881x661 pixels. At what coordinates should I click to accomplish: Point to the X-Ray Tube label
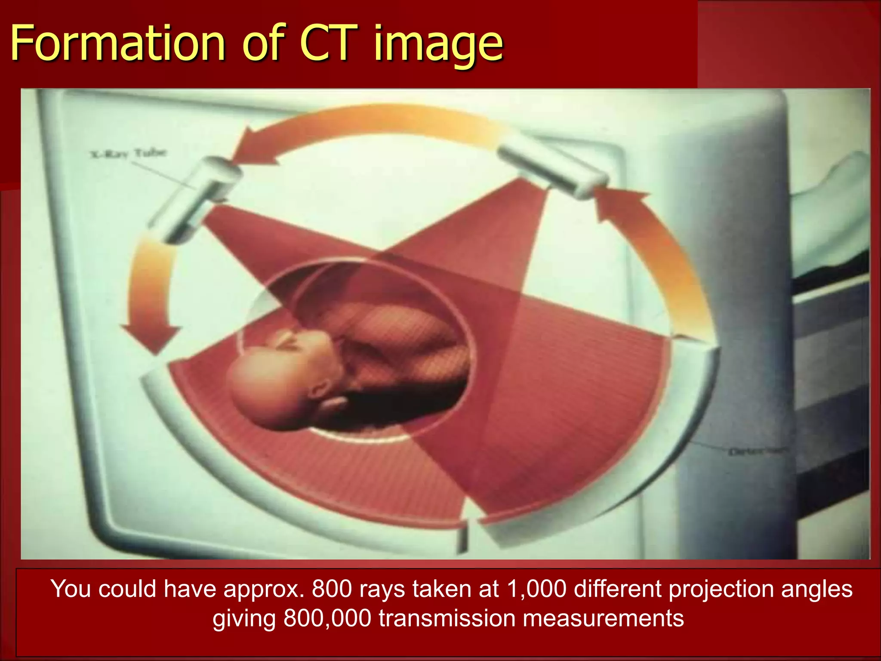point(129,153)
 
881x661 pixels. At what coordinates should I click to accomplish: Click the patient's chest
point(387,327)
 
